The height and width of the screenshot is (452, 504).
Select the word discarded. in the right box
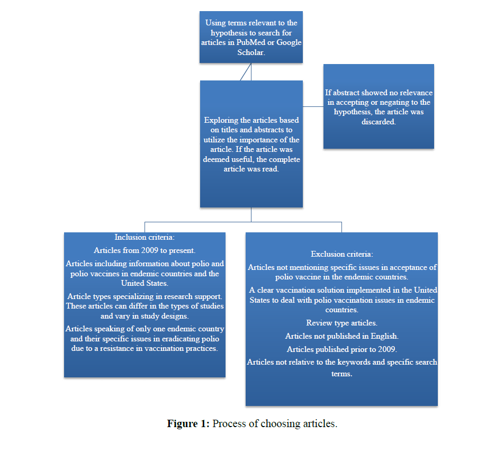pyautogui.click(x=379, y=122)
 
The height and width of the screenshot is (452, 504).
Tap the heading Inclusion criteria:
pyautogui.click(x=144, y=237)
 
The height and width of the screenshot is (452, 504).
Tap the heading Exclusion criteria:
pyautogui.click(x=341, y=254)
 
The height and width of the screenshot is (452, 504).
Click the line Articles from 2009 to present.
pyautogui.click(x=145, y=250)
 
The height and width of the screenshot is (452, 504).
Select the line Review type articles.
pyautogui.click(x=341, y=323)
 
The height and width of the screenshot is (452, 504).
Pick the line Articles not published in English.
pyautogui.click(x=341, y=336)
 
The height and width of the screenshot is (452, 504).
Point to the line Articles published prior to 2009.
pyautogui.click(x=341, y=349)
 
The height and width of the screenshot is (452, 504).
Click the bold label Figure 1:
pyautogui.click(x=188, y=424)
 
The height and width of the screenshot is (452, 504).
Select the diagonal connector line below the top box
pyautogui.click(x=245, y=72)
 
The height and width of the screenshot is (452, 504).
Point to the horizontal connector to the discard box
pyautogui.click(x=313, y=106)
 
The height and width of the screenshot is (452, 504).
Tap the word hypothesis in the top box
pyautogui.click(x=229, y=33)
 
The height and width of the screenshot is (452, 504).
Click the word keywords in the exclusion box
pyautogui.click(x=363, y=363)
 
